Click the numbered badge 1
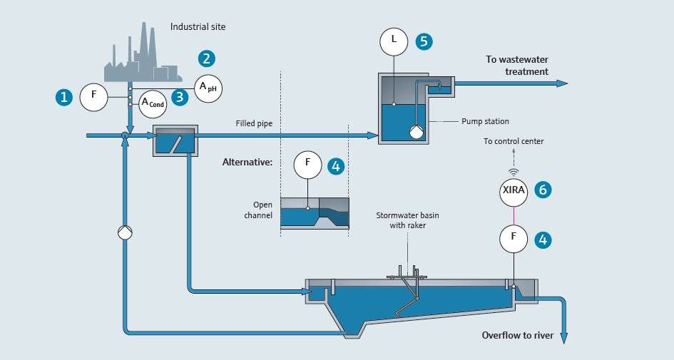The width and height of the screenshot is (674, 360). (x=64, y=98)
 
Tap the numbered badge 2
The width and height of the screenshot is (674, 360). (x=207, y=58)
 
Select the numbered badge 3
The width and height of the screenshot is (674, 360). (x=180, y=97)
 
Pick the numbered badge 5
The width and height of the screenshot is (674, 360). (x=424, y=41)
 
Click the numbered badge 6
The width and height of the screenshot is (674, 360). (x=543, y=190)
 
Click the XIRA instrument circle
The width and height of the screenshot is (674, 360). (x=514, y=192)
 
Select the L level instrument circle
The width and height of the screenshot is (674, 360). (x=394, y=41)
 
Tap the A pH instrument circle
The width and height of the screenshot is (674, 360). (x=208, y=88)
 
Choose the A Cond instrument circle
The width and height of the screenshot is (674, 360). (x=153, y=104)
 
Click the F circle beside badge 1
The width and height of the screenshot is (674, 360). (x=93, y=98)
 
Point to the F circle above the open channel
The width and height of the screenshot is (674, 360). (x=308, y=165)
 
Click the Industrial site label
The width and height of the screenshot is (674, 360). (x=198, y=26)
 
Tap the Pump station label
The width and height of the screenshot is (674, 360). (x=485, y=122)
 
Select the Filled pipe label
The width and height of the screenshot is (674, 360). (x=254, y=124)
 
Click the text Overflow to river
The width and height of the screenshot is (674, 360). (x=518, y=336)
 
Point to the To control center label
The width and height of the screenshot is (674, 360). (x=514, y=141)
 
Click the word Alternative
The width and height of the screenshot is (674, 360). (x=247, y=163)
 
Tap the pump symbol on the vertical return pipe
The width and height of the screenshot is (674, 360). (x=125, y=232)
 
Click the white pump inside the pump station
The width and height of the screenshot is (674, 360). (x=416, y=131)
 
